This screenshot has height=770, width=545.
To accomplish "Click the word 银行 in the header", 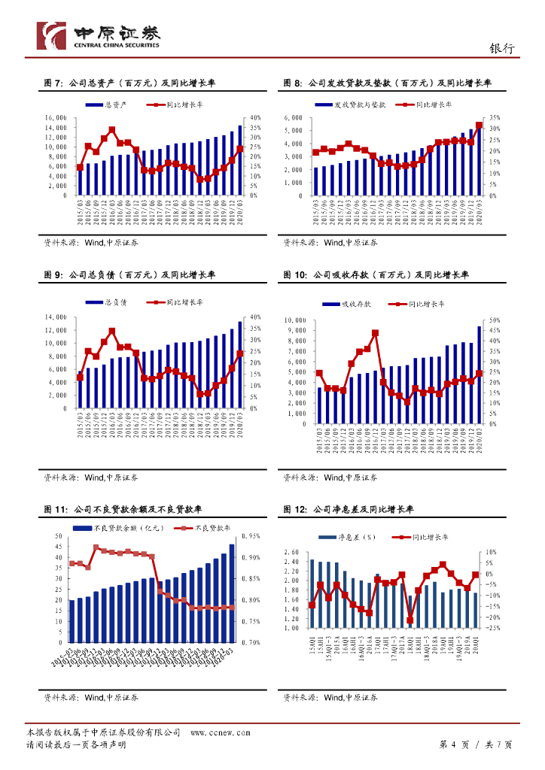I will click(502, 47).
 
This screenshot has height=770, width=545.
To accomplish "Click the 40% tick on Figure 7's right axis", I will click(255, 118).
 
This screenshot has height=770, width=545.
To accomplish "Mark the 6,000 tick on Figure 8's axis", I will click(299, 118).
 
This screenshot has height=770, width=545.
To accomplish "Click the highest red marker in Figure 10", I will click(375, 332).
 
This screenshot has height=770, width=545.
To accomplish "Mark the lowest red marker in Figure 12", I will click(410, 620).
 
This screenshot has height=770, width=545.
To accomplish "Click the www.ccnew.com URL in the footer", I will click(220, 732).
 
